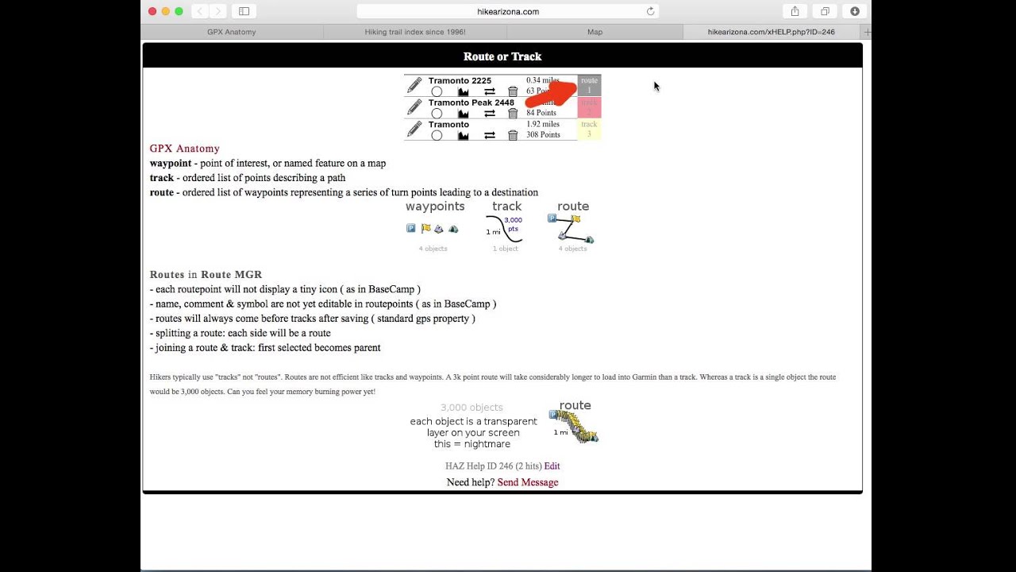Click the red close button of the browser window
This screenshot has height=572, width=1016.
[152, 11]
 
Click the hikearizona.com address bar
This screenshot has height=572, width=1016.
[507, 11]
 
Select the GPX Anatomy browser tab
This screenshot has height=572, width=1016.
[231, 32]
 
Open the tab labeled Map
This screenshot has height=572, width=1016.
[595, 32]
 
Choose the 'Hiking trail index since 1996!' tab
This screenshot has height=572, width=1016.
[414, 32]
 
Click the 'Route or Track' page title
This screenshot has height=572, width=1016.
[502, 56]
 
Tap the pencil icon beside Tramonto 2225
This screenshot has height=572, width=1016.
[414, 85]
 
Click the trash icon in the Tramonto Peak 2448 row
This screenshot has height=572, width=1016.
[513, 114]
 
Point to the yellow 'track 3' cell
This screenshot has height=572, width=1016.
[589, 129]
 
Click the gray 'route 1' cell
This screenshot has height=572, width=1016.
[589, 85]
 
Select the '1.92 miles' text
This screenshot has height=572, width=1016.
[543, 125]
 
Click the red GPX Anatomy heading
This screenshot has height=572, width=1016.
[184, 149]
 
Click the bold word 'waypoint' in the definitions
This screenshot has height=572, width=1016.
[171, 164]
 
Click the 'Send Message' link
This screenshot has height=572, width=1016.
[527, 482]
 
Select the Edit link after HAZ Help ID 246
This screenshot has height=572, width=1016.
[552, 466]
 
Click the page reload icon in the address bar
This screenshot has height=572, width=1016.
[650, 11]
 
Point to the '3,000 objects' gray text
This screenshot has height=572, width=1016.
[471, 408]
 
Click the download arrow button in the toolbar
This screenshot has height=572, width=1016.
[855, 11]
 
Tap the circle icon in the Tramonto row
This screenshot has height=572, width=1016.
[437, 135]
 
